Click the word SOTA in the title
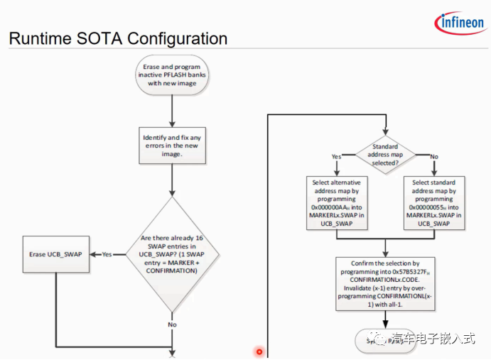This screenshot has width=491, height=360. click(x=104, y=38)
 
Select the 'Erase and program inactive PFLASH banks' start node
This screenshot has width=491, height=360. click(x=171, y=75)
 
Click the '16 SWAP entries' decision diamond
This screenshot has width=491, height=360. click(x=172, y=254)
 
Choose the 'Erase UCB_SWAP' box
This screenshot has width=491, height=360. click(x=57, y=254)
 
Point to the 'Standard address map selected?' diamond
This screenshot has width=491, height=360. click(x=385, y=156)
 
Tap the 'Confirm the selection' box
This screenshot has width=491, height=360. click(x=385, y=284)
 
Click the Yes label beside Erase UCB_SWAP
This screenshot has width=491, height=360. click(x=107, y=254)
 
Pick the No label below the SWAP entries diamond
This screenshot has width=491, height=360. click(x=172, y=324)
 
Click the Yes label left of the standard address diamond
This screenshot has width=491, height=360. click(x=336, y=156)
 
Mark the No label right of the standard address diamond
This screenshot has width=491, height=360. click(x=434, y=156)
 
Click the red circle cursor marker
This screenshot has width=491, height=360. click(x=259, y=351)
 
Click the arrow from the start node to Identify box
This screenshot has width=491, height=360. click(x=172, y=110)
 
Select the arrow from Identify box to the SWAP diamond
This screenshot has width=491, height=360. click(x=172, y=180)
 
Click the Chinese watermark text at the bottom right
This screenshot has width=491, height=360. click(x=433, y=339)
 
